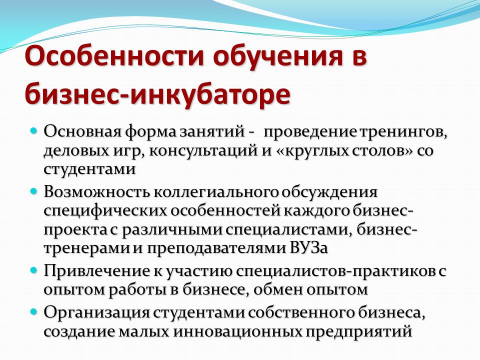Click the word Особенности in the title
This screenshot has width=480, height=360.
click(114, 56)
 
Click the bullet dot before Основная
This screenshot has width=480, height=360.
click(34, 130)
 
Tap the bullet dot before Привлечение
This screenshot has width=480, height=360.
click(34, 270)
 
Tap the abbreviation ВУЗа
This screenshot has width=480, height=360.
click(308, 247)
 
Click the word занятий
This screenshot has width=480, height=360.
click(212, 132)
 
